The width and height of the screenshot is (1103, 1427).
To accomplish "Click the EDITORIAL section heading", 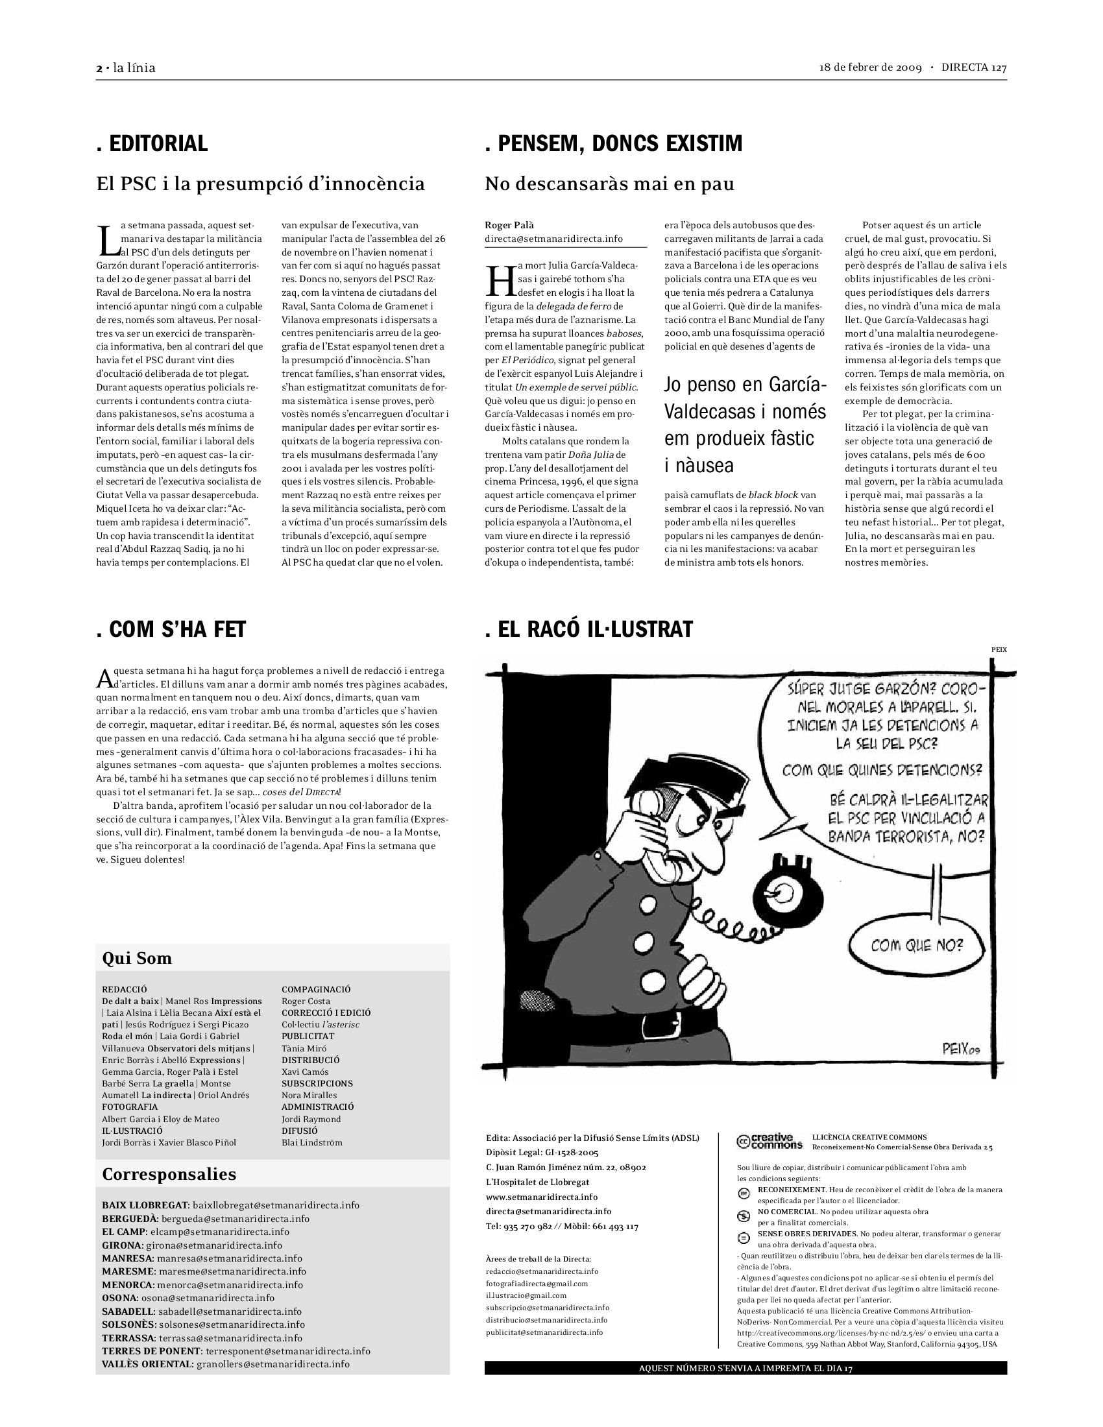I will (x=152, y=144).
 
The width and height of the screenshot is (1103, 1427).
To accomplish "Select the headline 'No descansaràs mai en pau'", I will (x=609, y=184).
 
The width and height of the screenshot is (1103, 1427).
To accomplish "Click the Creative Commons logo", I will (x=770, y=1141).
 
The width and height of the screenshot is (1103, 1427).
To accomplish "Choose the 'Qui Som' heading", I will (x=137, y=959).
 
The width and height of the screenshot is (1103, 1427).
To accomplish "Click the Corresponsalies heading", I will (x=169, y=1174).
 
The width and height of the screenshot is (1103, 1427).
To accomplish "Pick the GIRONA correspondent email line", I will (x=192, y=1245).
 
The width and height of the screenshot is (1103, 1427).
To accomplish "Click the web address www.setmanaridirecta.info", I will (x=542, y=1197).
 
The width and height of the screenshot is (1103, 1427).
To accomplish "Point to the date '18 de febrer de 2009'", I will (x=870, y=68).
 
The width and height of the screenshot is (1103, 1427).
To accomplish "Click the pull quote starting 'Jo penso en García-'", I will (x=745, y=425).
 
